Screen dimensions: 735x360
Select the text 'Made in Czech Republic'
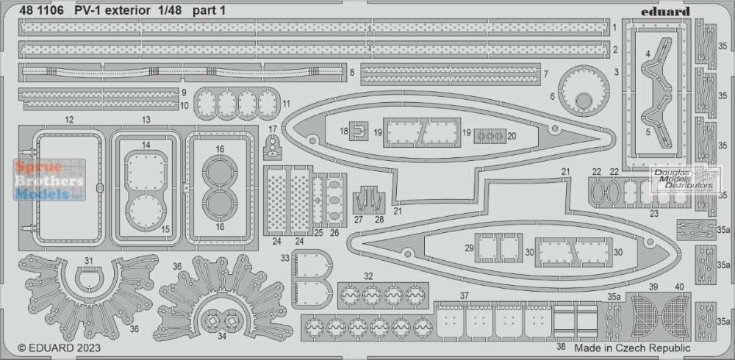pyautogui.click(x=632, y=348)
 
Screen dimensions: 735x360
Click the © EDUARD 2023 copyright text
pyautogui.click(x=59, y=348)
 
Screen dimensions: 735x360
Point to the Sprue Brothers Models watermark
pyautogui.click(x=50, y=180)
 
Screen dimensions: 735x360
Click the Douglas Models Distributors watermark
pyautogui.click(x=684, y=179)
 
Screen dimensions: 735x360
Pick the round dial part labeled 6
pyautogui.click(x=584, y=91)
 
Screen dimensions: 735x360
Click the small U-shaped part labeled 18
pyautogui.click(x=359, y=131)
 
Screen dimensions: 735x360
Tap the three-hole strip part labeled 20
pyautogui.click(x=490, y=136)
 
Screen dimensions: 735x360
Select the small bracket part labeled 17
pyautogui.click(x=273, y=149)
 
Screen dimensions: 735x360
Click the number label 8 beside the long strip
pyautogui.click(x=351, y=73)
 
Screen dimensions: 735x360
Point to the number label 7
pyautogui.click(x=545, y=74)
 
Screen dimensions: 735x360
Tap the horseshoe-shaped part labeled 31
pyautogui.click(x=90, y=278)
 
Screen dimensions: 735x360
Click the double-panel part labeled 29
pyautogui.click(x=499, y=248)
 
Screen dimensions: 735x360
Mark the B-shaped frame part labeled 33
pyautogui.click(x=311, y=279)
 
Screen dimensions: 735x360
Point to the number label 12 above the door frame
pyautogui.click(x=69, y=120)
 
